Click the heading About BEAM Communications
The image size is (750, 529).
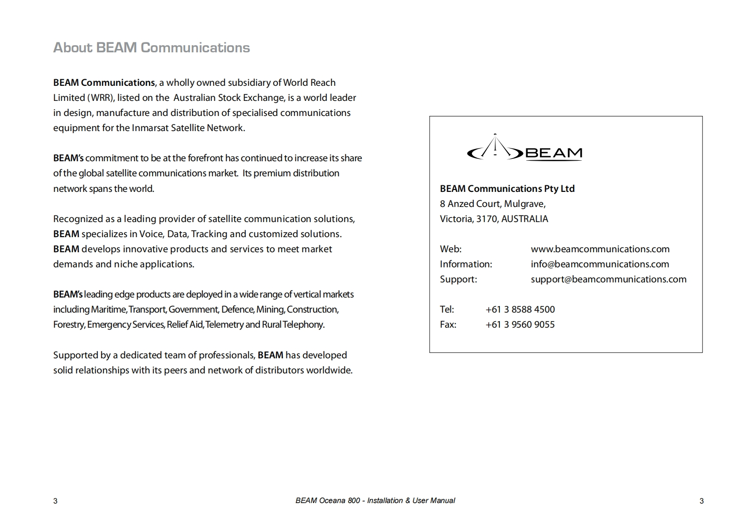click(151, 48)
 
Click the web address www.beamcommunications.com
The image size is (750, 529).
click(600, 249)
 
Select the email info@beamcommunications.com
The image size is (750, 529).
click(600, 264)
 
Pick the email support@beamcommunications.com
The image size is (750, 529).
click(608, 279)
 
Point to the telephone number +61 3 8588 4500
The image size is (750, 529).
click(520, 309)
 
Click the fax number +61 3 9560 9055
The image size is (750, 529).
click(520, 324)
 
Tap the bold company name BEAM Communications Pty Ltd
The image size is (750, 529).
click(507, 189)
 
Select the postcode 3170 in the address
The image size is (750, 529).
click(486, 219)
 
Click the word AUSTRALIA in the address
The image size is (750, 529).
click(524, 219)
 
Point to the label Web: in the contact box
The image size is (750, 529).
click(450, 249)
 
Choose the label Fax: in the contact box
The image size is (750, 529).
click(448, 324)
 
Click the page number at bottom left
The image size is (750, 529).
click(55, 501)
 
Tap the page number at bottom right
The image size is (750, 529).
click(701, 501)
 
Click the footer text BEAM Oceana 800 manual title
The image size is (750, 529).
click(375, 500)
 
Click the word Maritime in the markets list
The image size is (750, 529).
click(108, 309)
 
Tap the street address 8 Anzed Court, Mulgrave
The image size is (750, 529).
click(492, 204)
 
